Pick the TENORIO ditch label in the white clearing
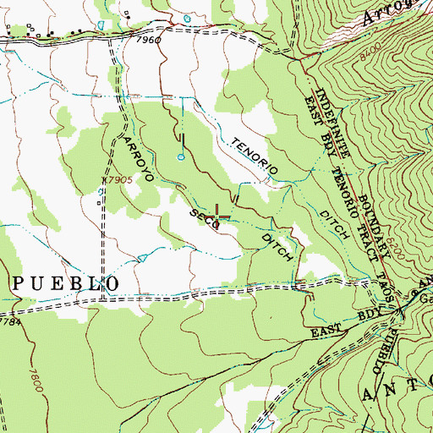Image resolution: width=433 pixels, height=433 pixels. coord(253,158)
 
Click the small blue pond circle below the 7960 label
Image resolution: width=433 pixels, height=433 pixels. coord(179,156)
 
